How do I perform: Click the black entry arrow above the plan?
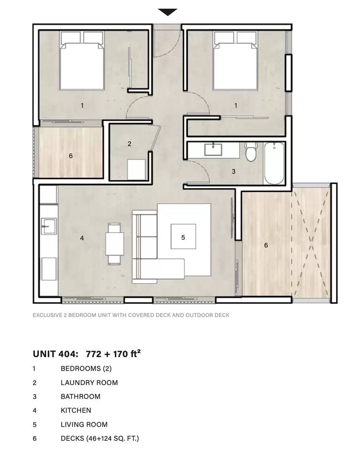(168, 12)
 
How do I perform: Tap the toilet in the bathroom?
(250, 152)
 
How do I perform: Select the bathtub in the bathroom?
(274, 163)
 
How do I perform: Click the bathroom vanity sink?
(213, 149)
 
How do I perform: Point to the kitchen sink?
(49, 226)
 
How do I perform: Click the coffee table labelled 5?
(183, 236)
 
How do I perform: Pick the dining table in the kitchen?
(114, 244)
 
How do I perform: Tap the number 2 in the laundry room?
(130, 144)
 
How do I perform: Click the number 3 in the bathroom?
(233, 171)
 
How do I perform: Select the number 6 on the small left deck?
(70, 156)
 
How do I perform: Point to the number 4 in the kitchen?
(82, 238)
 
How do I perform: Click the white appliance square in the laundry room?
(136, 170)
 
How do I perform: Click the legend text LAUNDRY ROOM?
(89, 383)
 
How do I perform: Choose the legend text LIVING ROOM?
(84, 425)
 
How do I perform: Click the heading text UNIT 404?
(56, 354)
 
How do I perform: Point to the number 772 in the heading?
(94, 354)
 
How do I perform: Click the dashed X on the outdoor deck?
(311, 243)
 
